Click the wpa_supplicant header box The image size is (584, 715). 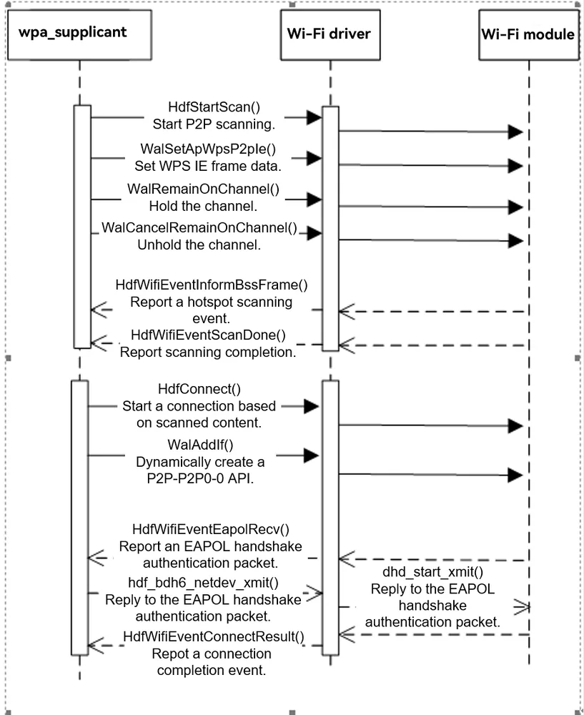79,35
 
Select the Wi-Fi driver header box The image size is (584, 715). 330,35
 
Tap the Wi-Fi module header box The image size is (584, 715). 529,35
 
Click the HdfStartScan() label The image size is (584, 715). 214,107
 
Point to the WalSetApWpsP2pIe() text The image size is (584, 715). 208,149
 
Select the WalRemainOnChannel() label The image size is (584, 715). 203,189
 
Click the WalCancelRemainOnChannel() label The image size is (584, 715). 199,227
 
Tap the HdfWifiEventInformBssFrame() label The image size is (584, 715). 212,285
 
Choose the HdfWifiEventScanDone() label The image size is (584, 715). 208,335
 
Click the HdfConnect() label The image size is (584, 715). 199,389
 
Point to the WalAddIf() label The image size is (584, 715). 200,445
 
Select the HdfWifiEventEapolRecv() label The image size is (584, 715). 211,529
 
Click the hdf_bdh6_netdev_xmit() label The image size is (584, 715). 203,583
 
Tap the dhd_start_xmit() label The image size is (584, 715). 432,572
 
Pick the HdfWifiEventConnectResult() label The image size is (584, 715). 213,636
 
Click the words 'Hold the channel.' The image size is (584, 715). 203,206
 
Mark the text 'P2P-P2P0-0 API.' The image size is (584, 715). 200,479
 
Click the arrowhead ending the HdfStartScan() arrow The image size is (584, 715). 314,118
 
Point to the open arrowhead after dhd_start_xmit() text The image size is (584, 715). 522,607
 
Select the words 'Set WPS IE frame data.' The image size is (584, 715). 208,166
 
